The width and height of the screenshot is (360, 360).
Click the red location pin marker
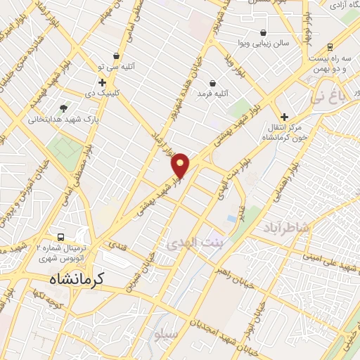tap(181, 165)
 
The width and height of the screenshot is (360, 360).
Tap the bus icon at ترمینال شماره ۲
tap(61, 238)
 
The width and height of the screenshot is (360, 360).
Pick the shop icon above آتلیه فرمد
tap(212, 83)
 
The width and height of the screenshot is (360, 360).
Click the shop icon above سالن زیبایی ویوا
tap(263, 32)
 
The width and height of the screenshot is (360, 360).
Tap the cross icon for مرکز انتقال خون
tap(284, 117)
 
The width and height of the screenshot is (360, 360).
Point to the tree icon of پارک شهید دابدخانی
tap(64, 108)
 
